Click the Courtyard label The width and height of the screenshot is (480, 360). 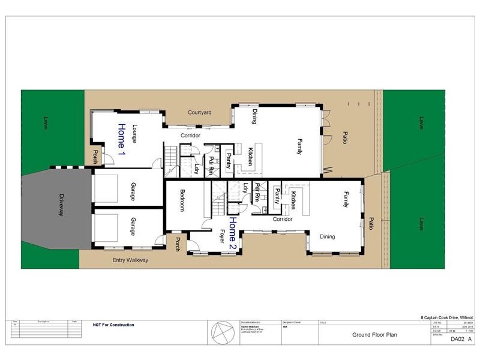coord(199,112)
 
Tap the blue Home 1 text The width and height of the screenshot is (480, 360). coord(121,139)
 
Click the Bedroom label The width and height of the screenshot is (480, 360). coord(182,201)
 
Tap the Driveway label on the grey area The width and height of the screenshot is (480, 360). coord(61,205)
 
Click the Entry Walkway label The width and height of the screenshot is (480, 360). coord(130,260)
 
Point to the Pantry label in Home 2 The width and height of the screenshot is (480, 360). coord(277,196)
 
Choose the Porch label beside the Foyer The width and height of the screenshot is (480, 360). coord(177,244)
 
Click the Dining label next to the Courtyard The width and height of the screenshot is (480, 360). coord(254,116)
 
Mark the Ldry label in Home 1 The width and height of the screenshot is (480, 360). coord(197,169)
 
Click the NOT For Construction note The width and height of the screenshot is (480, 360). coord(113,325)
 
